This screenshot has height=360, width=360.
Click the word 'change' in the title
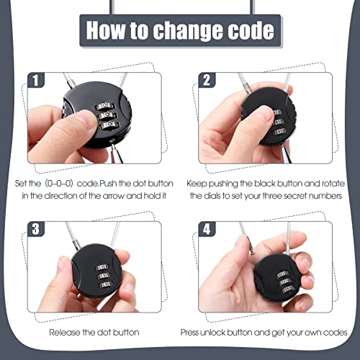[192, 32]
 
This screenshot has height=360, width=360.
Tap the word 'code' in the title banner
[252, 32]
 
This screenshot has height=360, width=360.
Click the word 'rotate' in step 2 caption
[329, 184]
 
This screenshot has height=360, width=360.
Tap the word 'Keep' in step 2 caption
[197, 184]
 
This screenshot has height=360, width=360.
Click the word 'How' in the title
[107, 32]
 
